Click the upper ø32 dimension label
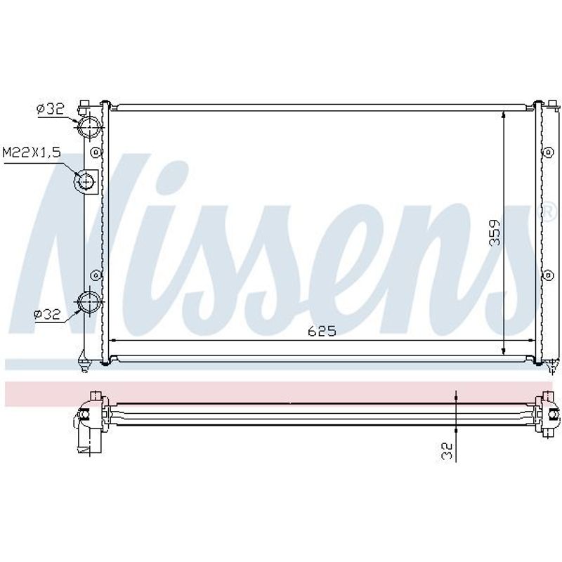coord(50,108)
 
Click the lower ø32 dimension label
coord(47,314)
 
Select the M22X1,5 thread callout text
coord(32,152)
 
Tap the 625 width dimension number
coord(322,331)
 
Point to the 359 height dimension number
coord(495,233)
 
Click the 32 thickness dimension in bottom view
coord(447,451)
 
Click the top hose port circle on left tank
coord(89,126)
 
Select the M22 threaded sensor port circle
coord(85,181)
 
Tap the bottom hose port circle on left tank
coord(89,302)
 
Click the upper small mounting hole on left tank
coord(96,153)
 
